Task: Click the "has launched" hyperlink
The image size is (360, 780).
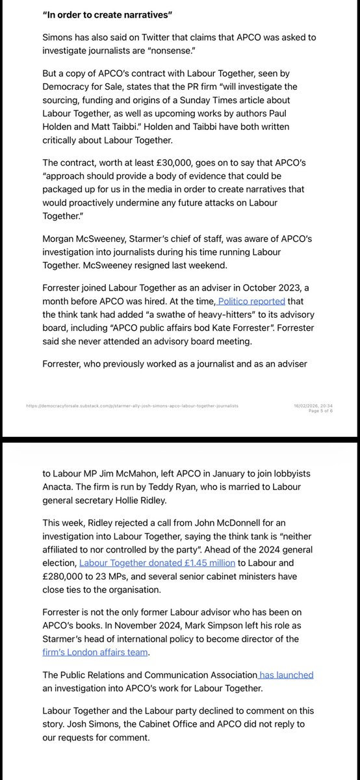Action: click(x=286, y=675)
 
